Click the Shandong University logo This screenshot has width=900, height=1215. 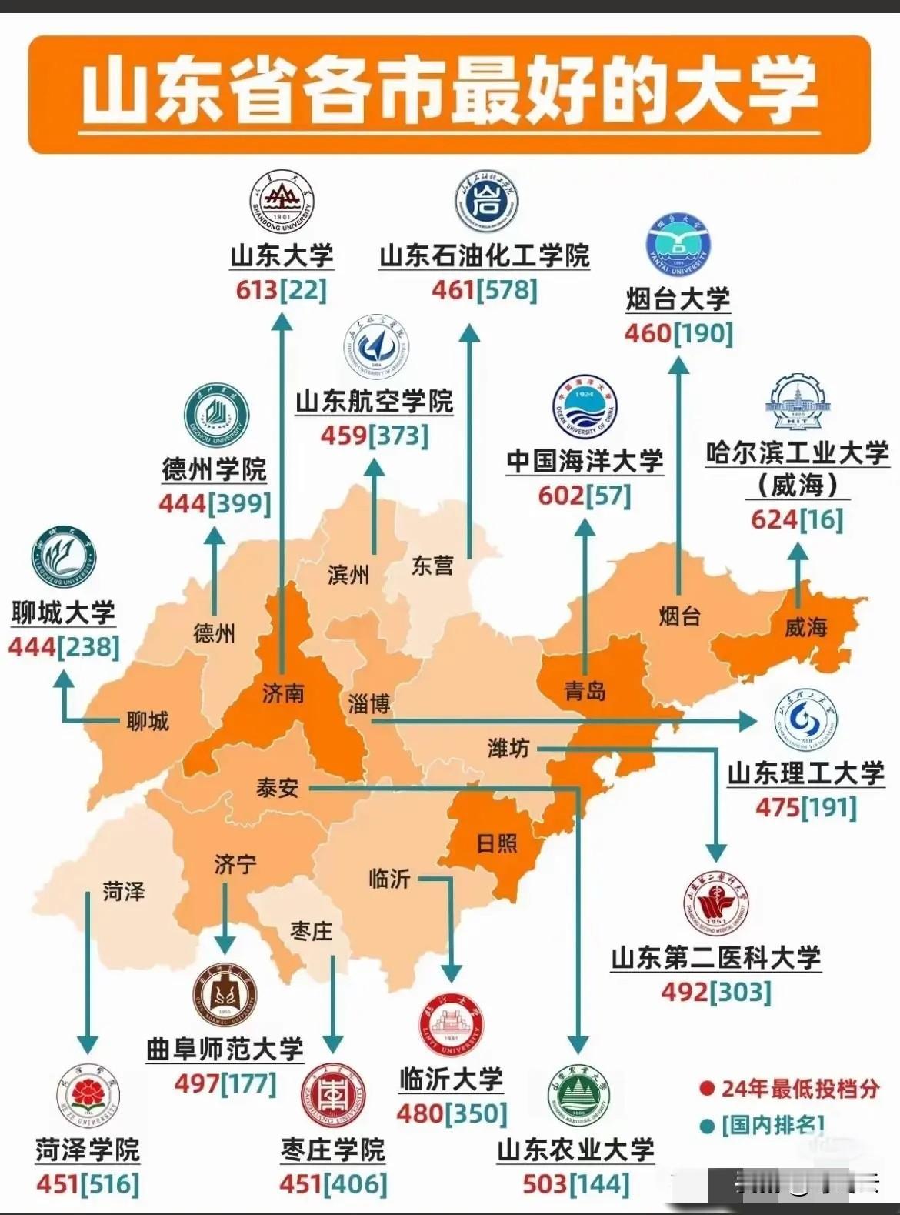point(282,203)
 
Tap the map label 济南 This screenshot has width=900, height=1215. point(283,693)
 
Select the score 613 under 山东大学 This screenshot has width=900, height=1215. point(257,290)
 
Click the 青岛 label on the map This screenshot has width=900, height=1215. point(585,691)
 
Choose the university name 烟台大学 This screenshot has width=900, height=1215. point(678,299)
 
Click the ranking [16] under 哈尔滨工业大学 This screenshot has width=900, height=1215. point(821,519)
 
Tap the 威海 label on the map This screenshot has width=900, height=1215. point(805,628)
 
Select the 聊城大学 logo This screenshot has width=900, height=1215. point(64,559)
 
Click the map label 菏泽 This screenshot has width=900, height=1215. point(124,892)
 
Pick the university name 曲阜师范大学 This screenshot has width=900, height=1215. point(225,1049)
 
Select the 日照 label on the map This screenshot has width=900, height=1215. point(497,843)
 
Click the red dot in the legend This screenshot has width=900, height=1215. point(707,1089)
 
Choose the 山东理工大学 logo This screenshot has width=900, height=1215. point(806,721)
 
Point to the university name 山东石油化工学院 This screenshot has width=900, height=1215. point(485,255)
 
